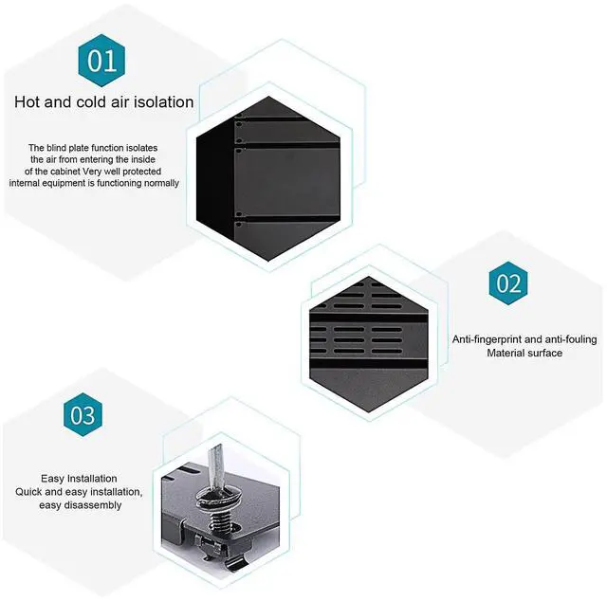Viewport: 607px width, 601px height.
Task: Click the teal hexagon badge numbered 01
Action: point(102,61)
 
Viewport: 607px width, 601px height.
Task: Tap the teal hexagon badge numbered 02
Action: point(508,283)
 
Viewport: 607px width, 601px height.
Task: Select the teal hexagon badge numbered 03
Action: point(83,416)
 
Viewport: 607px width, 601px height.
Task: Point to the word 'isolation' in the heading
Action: point(160,101)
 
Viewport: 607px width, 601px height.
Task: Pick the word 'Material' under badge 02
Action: point(508,353)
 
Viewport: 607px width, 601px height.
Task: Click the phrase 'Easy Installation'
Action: point(79,479)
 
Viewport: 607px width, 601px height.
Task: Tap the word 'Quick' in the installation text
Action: point(31,492)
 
